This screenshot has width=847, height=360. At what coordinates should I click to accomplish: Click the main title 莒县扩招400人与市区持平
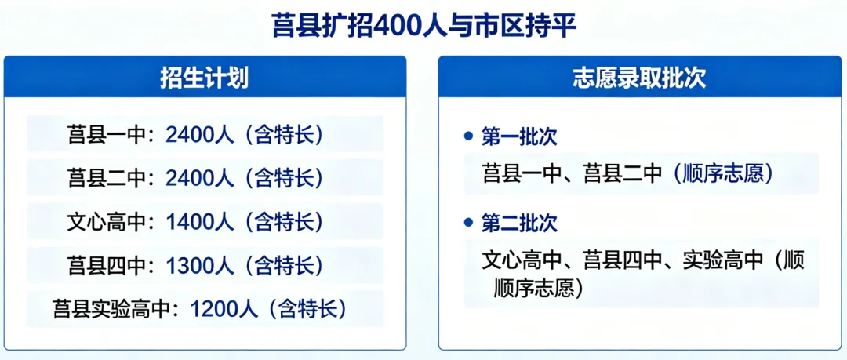423,26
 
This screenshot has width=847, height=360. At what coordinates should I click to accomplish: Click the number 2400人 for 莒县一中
200,135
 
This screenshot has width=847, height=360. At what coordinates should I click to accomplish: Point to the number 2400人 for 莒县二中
200,178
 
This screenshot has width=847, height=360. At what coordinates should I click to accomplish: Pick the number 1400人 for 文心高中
200,222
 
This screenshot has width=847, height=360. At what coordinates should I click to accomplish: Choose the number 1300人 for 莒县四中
200,265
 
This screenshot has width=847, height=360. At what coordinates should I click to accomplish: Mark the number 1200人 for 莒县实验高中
224,308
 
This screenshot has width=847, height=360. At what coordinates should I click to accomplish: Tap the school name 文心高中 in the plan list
107,222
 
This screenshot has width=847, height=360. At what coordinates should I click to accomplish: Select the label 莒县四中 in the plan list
107,265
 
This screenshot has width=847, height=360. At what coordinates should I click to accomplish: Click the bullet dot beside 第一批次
469,136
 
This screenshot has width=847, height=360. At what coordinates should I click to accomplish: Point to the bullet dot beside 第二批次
469,224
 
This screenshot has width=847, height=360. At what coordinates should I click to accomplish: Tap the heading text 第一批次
519,136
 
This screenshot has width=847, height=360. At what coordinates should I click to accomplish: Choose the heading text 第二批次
519,224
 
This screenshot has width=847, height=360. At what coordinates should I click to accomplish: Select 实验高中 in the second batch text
722,260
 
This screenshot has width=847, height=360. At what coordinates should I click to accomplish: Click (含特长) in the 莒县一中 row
284,135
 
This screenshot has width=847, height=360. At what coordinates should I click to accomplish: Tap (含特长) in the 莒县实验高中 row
307,308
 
